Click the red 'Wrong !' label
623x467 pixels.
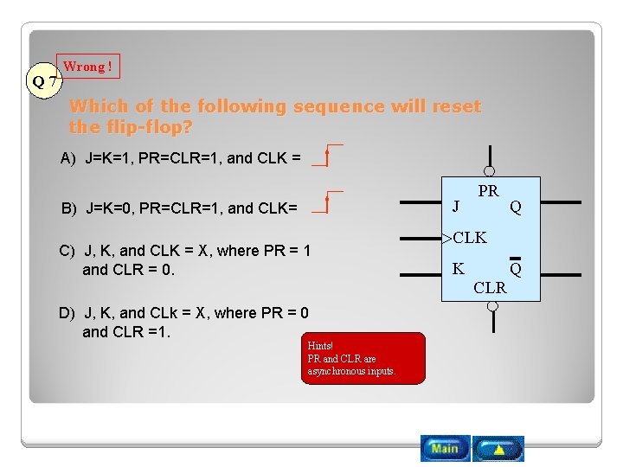[87, 67]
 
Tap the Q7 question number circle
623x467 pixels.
[44, 82]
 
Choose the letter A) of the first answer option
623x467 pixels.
[68, 158]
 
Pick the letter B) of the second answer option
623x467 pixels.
[69, 208]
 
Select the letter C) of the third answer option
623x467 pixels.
[67, 251]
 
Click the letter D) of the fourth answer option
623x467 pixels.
[68, 313]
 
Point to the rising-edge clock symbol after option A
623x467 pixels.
[326, 156]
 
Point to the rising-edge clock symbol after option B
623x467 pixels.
[326, 203]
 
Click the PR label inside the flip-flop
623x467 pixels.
[488, 191]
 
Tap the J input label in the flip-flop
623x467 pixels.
[456, 206]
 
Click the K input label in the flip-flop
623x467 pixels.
[458, 269]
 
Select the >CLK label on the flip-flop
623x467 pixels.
[465, 237]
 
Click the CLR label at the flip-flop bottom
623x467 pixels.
[490, 288]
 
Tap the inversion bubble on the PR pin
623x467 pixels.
[490, 171]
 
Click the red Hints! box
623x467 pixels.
[363, 358]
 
